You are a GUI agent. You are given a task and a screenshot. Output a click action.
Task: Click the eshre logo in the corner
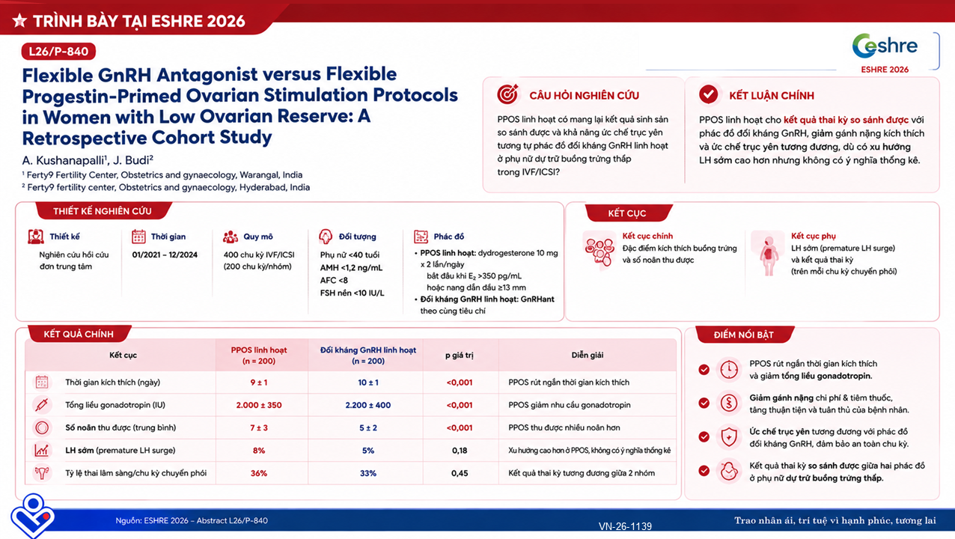885,46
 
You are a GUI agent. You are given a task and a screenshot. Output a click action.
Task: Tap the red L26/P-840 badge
58,52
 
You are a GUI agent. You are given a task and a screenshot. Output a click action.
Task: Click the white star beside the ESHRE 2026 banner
19,20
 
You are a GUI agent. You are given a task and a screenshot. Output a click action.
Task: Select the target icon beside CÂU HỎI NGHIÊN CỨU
507,94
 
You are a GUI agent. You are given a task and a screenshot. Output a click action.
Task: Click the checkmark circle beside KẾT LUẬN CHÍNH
708,94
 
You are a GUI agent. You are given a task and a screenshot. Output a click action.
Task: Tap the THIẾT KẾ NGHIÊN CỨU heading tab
103,211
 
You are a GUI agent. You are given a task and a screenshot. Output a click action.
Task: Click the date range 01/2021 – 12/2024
165,255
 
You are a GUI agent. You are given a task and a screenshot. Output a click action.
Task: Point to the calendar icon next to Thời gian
138,237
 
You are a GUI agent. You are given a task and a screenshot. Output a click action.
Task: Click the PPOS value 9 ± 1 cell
259,383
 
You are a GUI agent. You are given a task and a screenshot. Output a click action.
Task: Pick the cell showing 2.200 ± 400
368,405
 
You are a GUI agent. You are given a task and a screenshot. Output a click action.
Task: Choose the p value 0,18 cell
460,451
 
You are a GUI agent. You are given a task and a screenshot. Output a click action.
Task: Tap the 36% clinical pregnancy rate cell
259,473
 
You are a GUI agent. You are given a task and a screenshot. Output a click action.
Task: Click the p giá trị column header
460,355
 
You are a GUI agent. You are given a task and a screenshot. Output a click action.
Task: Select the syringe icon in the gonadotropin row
42,405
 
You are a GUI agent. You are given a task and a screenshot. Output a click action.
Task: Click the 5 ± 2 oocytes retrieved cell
368,427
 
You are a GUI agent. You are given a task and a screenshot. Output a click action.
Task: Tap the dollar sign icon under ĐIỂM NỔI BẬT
729,403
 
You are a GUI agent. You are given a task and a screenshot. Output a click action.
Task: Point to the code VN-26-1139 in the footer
625,526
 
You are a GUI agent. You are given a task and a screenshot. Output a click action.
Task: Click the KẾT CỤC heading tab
627,213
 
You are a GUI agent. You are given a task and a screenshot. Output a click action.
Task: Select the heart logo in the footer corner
33,515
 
